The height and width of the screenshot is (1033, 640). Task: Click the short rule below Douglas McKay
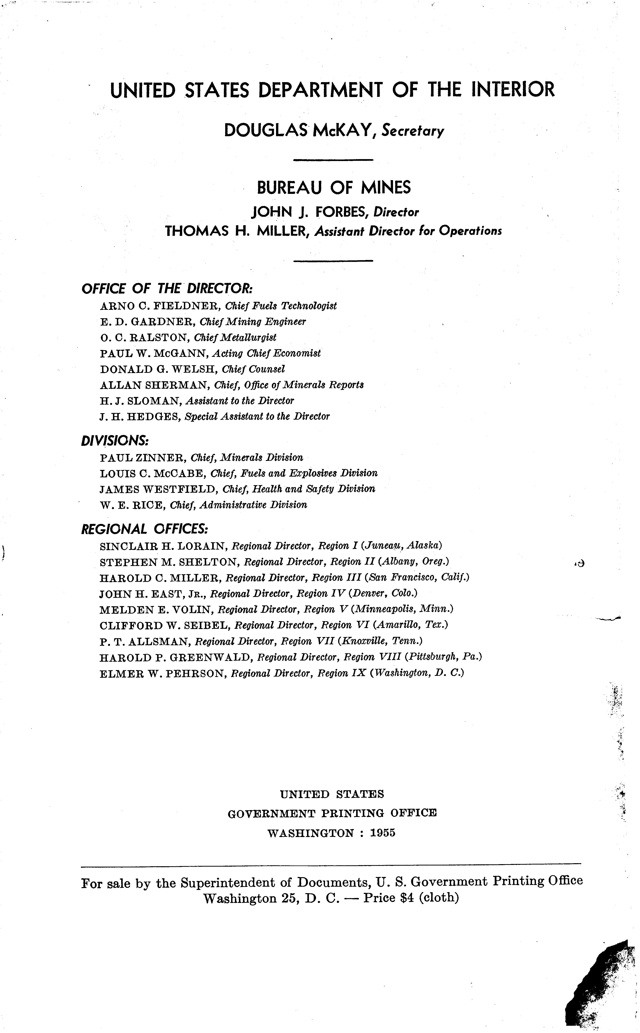click(333, 160)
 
